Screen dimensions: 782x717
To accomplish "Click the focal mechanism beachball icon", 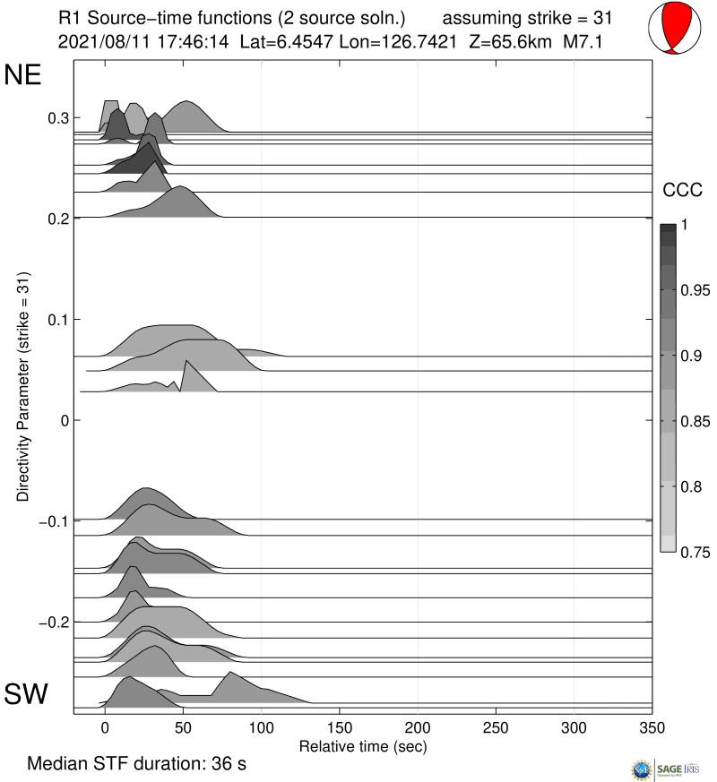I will (672, 28).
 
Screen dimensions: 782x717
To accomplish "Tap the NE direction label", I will (23, 75).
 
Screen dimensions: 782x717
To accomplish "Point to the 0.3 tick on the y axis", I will (58, 118).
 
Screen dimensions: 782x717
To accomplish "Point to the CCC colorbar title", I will (681, 190).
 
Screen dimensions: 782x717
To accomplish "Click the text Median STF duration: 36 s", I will (136, 764).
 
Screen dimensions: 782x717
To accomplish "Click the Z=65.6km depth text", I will (506, 41).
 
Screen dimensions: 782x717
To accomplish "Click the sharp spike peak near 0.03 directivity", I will (186, 360).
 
